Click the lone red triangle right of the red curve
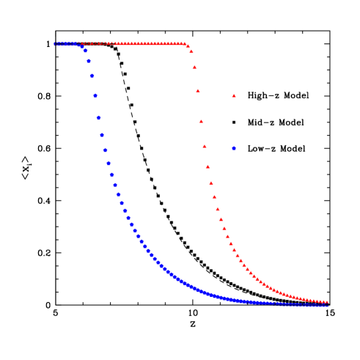click(x=234, y=95)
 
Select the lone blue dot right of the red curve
click(x=234, y=148)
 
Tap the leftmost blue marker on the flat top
click(x=55, y=44)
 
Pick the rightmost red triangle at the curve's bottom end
click(x=326, y=301)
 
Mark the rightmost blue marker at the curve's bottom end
click(x=326, y=305)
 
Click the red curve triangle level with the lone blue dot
click(x=205, y=146)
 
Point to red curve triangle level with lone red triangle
click(x=198, y=91)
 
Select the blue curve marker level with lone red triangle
click(x=95, y=95)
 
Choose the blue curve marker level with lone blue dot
click(x=105, y=150)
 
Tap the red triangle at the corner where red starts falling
click(x=188, y=46)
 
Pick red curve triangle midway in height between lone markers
click(x=201, y=121)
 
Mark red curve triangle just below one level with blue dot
click(x=207, y=166)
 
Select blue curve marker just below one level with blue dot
click(x=109, y=163)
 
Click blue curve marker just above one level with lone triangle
click(x=92, y=76)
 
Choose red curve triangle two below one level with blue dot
click(x=211, y=183)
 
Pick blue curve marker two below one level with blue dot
click(x=111, y=175)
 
